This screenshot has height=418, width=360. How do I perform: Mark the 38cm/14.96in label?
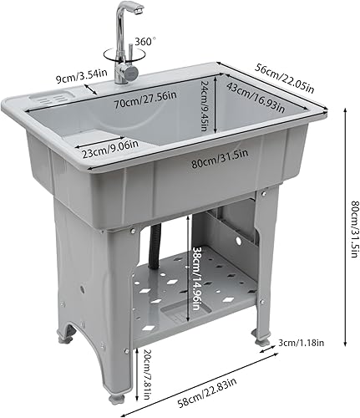pyautogui.click(x=198, y=271)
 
